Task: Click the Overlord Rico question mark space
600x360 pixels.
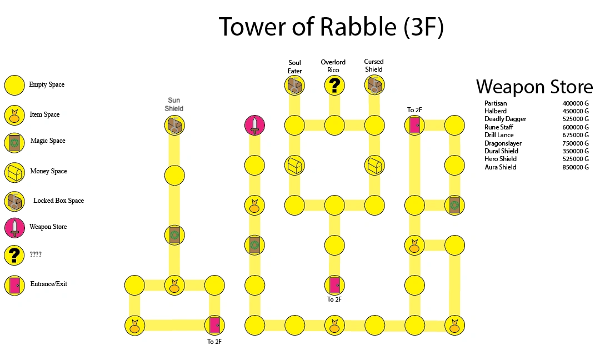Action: [334, 85]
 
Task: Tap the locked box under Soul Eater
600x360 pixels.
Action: [294, 85]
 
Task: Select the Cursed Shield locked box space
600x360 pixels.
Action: [374, 85]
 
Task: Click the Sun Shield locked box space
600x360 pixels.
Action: [174, 125]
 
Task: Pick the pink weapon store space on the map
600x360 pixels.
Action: [254, 125]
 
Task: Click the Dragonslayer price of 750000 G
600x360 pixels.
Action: [575, 143]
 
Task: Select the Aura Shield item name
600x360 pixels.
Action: [500, 167]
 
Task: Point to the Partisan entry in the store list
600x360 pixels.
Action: [496, 103]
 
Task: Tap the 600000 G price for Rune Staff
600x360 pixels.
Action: [575, 127]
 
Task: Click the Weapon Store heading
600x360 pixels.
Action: [534, 87]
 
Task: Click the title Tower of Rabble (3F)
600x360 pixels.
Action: [331, 27]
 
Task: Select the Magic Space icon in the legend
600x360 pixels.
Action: [14, 143]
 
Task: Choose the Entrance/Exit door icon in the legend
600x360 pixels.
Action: [14, 285]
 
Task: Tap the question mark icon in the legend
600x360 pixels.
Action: [14, 255]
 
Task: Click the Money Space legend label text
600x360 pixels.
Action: [48, 171]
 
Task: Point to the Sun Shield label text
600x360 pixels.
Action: [174, 104]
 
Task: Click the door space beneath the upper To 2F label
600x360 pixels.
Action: [414, 125]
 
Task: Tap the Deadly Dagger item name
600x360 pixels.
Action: [505, 119]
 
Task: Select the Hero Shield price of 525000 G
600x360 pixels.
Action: [575, 159]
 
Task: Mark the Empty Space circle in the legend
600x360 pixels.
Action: [14, 85]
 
